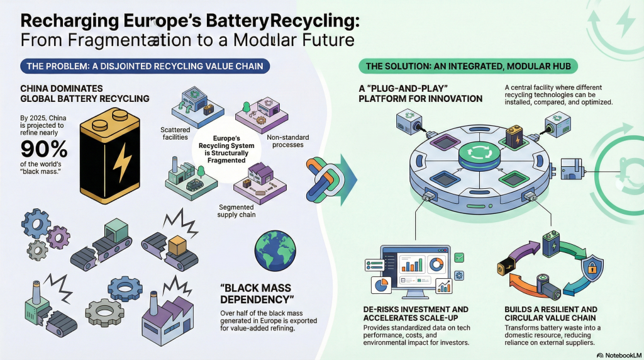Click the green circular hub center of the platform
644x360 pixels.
(x=475, y=154)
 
